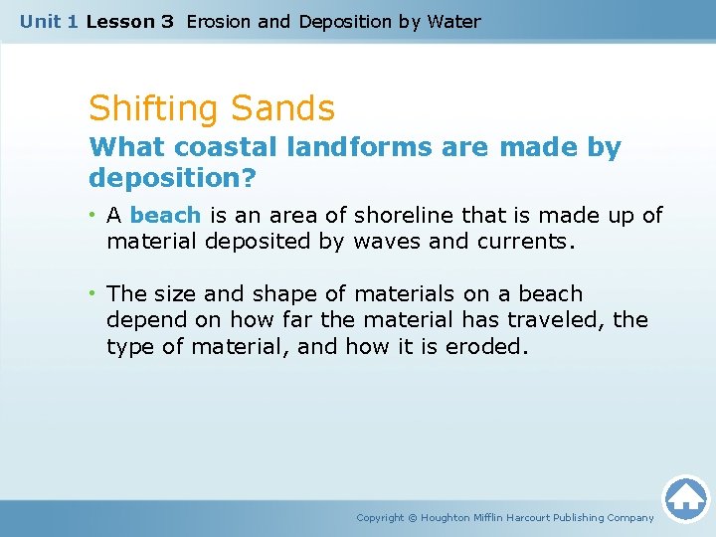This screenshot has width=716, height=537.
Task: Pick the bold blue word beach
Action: click(165, 216)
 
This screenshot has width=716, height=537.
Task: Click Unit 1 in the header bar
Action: click(50, 21)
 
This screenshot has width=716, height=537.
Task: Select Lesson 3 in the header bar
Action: click(130, 21)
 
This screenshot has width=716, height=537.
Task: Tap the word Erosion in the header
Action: click(219, 21)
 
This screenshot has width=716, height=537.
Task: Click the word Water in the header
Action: click(453, 21)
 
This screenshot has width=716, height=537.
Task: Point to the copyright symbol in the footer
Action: click(414, 518)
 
